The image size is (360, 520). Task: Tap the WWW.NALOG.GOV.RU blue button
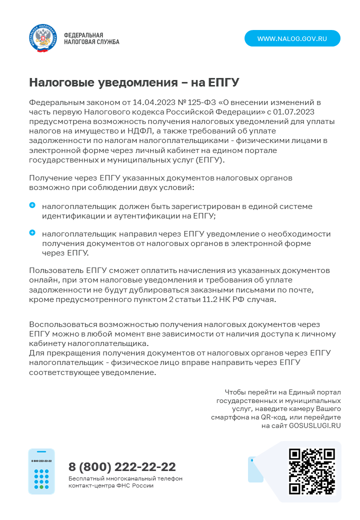click(292, 38)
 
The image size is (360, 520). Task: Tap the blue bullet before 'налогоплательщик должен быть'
click(32, 205)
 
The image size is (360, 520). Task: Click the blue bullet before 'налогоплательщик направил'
click(32, 232)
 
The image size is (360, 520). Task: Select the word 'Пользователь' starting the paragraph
click(53, 270)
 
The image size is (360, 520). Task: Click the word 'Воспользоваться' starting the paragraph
click(61, 324)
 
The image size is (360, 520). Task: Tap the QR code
click(312, 471)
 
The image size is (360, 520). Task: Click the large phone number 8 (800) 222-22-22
click(122, 467)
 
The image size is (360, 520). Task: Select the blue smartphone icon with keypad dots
click(41, 471)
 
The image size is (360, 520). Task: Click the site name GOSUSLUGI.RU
click(315, 425)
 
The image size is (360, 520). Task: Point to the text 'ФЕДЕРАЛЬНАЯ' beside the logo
click(83, 35)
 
